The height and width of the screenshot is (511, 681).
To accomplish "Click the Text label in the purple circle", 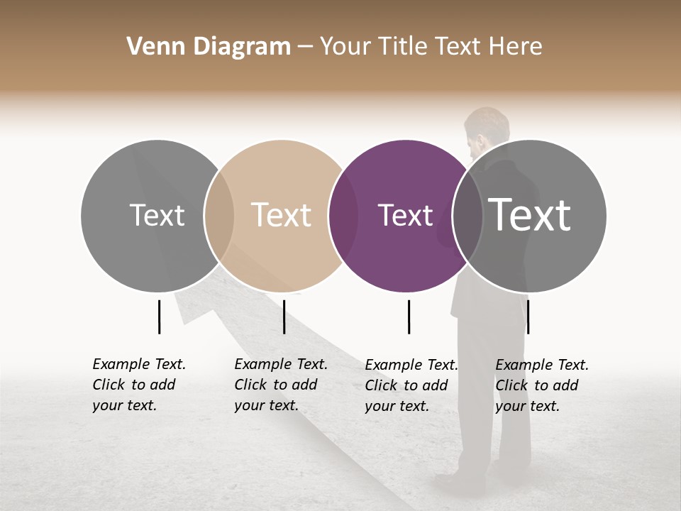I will [x=405, y=216].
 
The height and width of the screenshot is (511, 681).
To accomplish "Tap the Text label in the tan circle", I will [x=281, y=216].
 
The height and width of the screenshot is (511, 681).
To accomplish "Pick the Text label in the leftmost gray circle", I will [x=157, y=216].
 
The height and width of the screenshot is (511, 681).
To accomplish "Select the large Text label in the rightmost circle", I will [x=529, y=215].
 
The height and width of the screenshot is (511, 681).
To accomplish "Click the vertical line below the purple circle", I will [x=409, y=317].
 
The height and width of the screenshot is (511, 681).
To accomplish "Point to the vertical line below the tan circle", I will [x=284, y=317].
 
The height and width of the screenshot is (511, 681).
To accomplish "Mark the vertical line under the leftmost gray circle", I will [x=159, y=317].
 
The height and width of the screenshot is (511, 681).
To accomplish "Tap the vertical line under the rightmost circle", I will [x=528, y=317].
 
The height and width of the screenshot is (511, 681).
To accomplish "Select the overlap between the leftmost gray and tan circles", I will [x=218, y=216].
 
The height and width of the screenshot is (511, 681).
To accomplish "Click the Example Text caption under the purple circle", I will [x=411, y=385].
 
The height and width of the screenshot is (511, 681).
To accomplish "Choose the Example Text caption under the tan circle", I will [x=280, y=385].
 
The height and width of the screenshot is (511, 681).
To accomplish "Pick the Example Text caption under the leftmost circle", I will [x=138, y=385].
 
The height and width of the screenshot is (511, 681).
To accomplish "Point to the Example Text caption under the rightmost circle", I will [x=541, y=385].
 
